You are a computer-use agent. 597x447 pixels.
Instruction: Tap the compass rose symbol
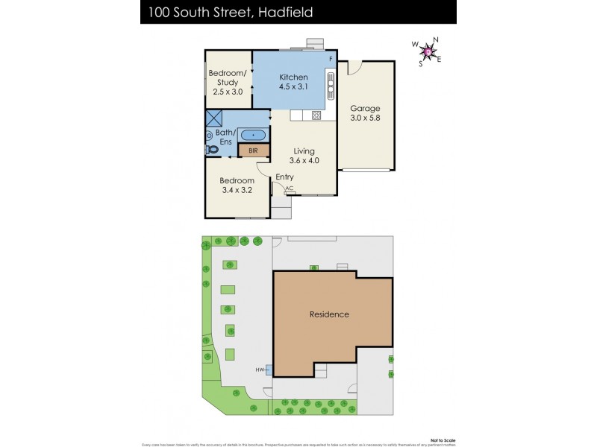pos(428,51)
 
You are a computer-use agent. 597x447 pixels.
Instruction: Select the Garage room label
pos(365,108)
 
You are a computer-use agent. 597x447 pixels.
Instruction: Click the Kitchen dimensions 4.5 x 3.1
pos(293,88)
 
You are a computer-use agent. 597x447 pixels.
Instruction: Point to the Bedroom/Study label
pos(228,77)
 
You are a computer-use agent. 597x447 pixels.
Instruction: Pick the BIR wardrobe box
pos(253,150)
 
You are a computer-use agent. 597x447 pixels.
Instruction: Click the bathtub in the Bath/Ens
pos(254,135)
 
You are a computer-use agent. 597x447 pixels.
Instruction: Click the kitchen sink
pos(330,85)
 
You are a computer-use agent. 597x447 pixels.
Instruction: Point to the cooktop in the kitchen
pos(316,115)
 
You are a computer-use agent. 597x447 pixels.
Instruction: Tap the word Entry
pos(284,177)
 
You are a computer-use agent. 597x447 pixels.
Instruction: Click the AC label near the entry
pos(289,188)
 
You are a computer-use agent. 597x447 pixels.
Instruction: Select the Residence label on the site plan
pos(329,314)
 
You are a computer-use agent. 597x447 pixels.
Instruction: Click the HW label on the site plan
pos(260,370)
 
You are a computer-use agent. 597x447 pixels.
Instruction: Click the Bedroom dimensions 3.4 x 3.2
pos(237,190)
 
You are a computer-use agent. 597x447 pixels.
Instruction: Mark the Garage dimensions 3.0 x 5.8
pos(365,118)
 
